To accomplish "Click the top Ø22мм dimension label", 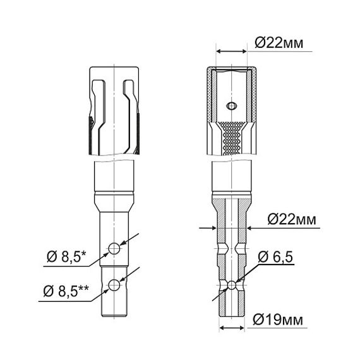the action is (x=279, y=43).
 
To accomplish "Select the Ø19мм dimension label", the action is (x=277, y=320).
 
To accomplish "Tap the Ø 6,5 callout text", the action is (x=275, y=257).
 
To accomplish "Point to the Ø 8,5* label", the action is (x=66, y=256).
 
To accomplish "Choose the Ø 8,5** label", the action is (x=66, y=291).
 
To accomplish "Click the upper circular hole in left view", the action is (x=114, y=248).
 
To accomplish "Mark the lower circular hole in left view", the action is (x=114, y=285).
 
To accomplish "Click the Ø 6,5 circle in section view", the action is (x=232, y=285).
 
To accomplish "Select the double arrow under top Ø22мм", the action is (x=231, y=51).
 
